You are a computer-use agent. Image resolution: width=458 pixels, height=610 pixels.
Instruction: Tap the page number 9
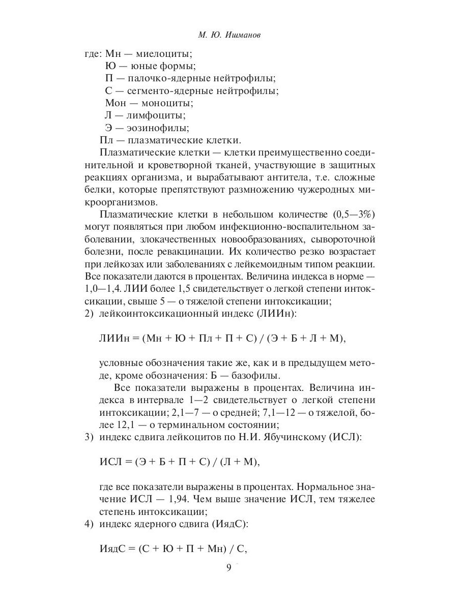point(228,568)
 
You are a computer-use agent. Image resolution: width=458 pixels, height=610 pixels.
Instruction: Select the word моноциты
point(167,103)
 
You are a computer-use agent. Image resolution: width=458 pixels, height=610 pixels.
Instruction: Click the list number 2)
point(89,314)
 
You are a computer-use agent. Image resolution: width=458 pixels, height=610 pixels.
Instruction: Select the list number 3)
point(89,438)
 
